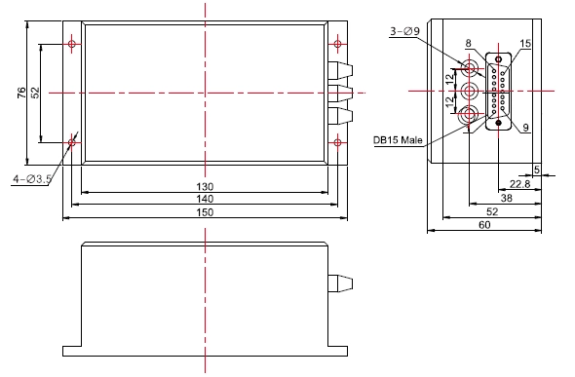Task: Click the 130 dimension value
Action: (x=205, y=187)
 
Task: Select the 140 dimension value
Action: (x=205, y=199)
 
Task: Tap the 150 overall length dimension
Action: (x=205, y=212)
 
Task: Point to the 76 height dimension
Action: (x=22, y=93)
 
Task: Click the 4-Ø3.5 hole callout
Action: (x=32, y=179)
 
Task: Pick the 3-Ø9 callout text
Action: (x=404, y=31)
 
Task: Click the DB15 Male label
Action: (x=398, y=140)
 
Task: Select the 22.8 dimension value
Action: (x=520, y=183)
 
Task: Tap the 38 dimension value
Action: (x=507, y=198)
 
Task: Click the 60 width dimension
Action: (x=484, y=225)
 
